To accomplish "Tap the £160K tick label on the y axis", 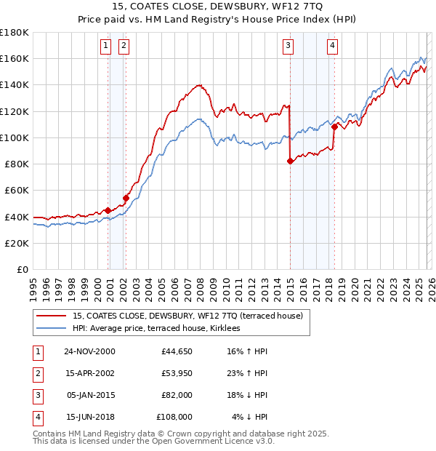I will (15, 58).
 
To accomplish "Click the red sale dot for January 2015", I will (290, 161).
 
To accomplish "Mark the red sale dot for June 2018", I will (334, 127).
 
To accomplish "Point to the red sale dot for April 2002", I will (126, 198).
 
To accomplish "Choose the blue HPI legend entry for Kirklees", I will (161, 329).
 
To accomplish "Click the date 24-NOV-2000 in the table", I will (89, 351).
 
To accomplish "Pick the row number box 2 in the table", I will (37, 373).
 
